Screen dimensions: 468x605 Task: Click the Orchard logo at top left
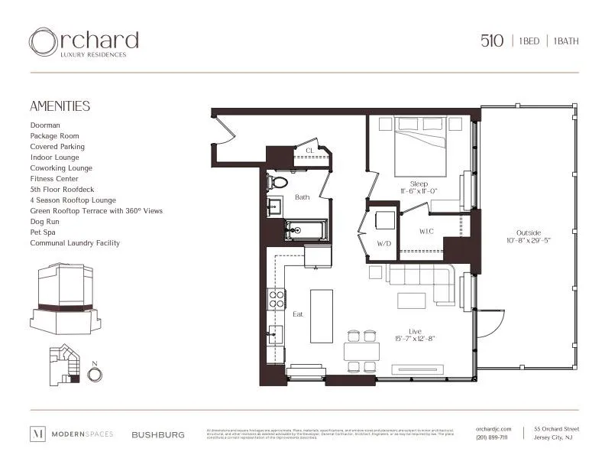click(83, 42)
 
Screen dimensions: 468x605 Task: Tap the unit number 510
click(491, 41)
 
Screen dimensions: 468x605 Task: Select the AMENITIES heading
click(60, 106)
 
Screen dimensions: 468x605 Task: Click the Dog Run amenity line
click(46, 221)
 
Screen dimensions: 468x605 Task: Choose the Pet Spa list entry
click(44, 232)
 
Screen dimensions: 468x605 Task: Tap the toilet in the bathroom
click(277, 183)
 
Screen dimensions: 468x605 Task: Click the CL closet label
click(309, 151)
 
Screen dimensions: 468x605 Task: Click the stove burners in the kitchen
click(276, 298)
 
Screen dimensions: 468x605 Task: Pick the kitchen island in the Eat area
click(322, 316)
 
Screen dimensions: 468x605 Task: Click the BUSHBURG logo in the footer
click(157, 434)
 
